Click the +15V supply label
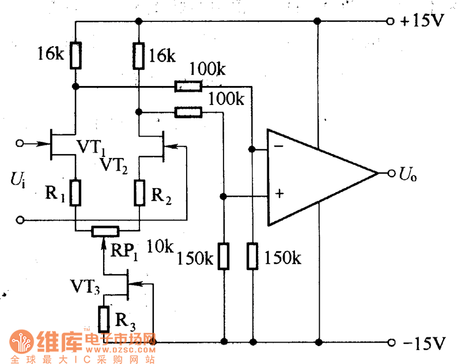[x=424, y=21]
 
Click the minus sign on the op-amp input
[x=278, y=147]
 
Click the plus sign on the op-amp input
[x=279, y=194]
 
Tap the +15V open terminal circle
[x=392, y=21]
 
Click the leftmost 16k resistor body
[x=75, y=55]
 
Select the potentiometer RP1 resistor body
[x=105, y=231]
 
